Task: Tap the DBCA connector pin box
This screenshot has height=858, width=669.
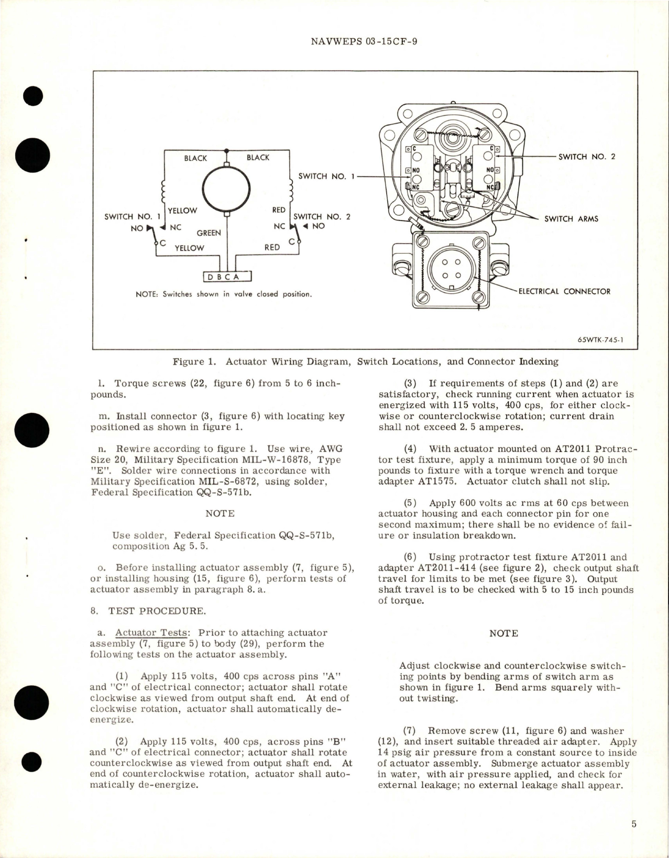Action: (227, 277)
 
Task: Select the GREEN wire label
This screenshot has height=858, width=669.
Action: (209, 233)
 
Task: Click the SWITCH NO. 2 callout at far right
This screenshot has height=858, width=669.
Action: (587, 156)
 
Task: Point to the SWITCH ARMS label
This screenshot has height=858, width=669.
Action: (571, 218)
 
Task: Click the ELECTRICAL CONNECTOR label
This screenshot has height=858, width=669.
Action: (564, 291)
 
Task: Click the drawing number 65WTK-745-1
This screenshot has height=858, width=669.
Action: (600, 339)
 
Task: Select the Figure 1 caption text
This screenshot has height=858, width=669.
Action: (365, 361)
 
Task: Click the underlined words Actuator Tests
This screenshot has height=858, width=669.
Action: (151, 633)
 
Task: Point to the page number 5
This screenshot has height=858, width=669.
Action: (633, 824)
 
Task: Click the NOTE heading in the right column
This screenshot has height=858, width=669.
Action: (503, 633)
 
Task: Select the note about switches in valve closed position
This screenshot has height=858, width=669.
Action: (224, 294)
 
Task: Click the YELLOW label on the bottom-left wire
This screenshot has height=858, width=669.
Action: (189, 248)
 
